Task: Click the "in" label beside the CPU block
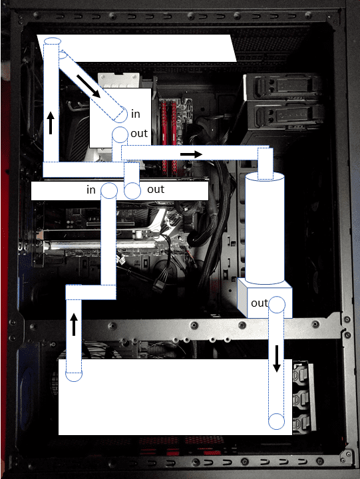click(x=135, y=114)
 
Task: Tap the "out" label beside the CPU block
click(x=139, y=134)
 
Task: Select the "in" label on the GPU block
click(x=91, y=190)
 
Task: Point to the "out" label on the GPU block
click(x=156, y=190)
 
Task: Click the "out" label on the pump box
click(x=260, y=303)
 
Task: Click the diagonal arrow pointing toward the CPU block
click(x=89, y=86)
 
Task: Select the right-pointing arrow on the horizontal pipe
click(x=191, y=154)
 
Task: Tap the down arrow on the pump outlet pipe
click(x=277, y=359)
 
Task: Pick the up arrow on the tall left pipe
click(x=51, y=122)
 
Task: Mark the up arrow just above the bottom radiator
click(x=74, y=325)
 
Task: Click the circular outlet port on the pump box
click(x=277, y=304)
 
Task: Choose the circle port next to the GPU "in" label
click(x=109, y=190)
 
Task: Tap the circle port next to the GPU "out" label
click(x=132, y=191)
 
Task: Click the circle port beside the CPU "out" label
click(x=120, y=134)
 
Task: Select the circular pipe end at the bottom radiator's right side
click(x=276, y=422)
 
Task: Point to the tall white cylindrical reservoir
click(x=265, y=228)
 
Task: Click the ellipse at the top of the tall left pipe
click(x=53, y=41)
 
